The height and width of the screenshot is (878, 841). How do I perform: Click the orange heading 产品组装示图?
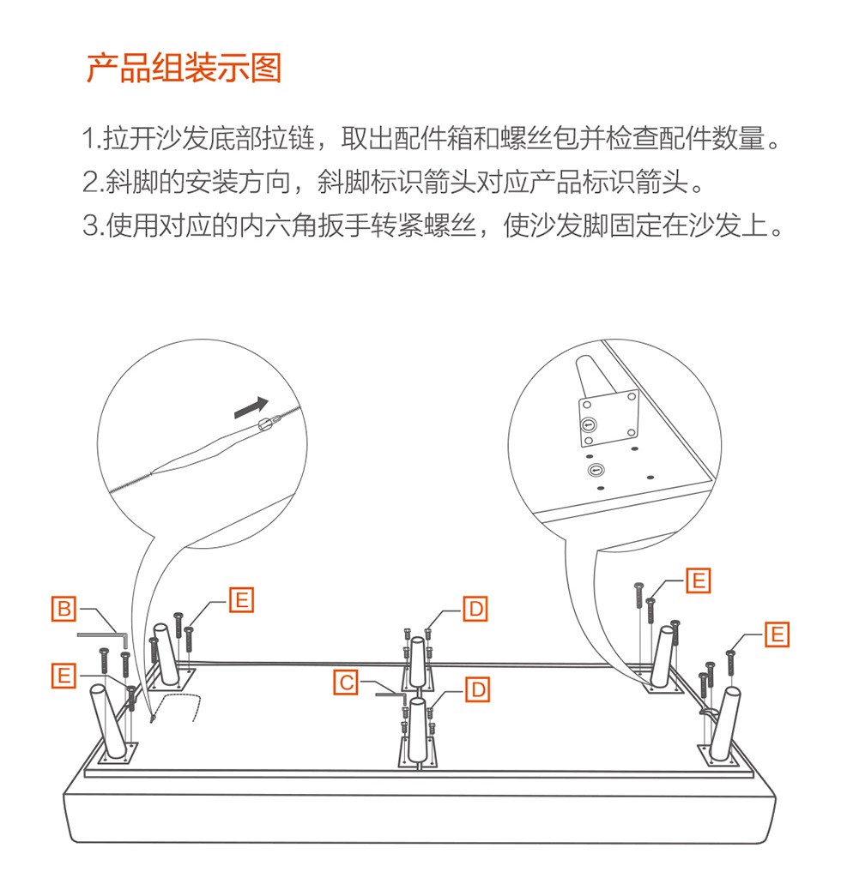point(183,68)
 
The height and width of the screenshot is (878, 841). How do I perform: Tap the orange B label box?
point(64,609)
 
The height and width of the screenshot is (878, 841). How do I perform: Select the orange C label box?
point(346,683)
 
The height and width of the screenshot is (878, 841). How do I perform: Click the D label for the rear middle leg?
point(475,610)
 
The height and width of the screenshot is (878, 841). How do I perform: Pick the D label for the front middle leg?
point(478,690)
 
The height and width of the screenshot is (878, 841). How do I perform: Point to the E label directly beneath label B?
point(64,676)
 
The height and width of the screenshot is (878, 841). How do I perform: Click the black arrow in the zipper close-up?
point(251,407)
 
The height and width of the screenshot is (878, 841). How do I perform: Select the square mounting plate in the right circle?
point(608,418)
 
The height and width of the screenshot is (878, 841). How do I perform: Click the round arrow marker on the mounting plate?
point(588,425)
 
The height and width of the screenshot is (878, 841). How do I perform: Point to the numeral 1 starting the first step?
point(88,138)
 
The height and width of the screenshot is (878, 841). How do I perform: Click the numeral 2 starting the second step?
point(90,182)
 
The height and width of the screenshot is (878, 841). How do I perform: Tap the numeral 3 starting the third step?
point(90,226)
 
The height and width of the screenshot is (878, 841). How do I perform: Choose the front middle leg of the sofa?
point(418,731)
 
